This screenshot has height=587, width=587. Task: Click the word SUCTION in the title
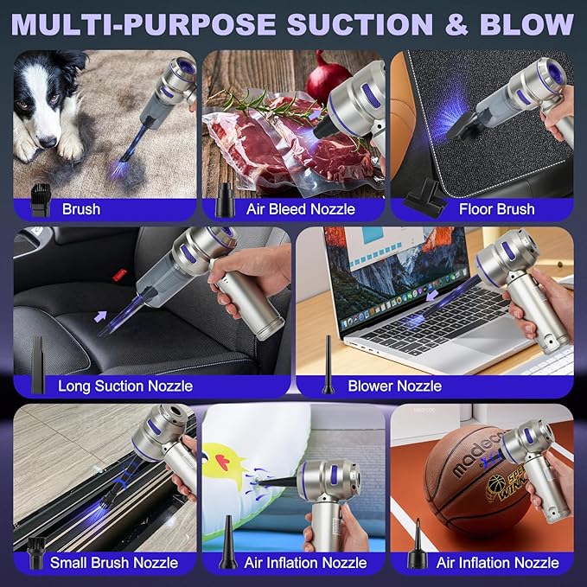[360, 25]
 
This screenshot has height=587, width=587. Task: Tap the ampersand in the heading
[456, 25]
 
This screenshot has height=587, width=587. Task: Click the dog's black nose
[48, 142]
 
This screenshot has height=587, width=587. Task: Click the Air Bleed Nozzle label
[301, 209]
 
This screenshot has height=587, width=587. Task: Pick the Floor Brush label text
[497, 209]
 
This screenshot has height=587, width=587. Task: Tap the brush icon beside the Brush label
[41, 200]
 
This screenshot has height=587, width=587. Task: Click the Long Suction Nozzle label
[125, 386]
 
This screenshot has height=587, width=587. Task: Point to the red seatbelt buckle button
[119, 275]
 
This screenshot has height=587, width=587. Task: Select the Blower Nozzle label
[394, 386]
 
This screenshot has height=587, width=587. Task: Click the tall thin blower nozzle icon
[328, 365]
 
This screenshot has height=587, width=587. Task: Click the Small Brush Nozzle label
[114, 563]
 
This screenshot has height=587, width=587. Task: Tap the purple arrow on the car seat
[100, 316]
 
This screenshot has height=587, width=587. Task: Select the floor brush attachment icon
[424, 198]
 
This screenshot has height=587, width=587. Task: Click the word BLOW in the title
[526, 25]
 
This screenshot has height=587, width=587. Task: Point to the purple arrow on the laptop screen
[432, 296]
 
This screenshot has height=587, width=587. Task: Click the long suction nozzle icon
[38, 365]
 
